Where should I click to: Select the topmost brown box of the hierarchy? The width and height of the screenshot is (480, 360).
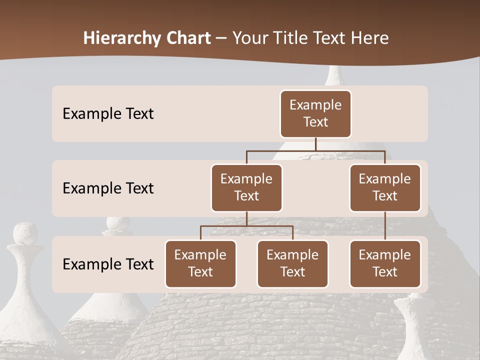click(x=315, y=113)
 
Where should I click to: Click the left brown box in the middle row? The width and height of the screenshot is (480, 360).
click(x=246, y=187)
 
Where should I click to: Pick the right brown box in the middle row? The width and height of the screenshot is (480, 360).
click(x=385, y=187)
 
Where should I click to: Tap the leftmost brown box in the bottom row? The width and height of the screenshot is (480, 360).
click(x=200, y=263)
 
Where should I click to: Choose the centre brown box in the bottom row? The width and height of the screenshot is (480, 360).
click(x=292, y=263)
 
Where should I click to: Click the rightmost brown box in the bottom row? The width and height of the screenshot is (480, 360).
click(x=385, y=263)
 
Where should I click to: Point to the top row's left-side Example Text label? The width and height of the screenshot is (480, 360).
click(x=108, y=114)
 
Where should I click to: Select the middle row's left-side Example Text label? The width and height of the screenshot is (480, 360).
click(x=108, y=188)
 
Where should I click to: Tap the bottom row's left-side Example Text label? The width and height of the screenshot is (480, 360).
click(x=108, y=264)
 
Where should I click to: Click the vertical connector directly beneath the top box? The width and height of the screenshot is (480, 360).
click(x=315, y=144)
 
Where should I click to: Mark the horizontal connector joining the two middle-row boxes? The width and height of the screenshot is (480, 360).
click(x=315, y=150)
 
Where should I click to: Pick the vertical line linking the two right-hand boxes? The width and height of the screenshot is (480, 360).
click(x=385, y=225)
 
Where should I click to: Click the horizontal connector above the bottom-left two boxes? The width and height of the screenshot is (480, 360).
click(x=246, y=226)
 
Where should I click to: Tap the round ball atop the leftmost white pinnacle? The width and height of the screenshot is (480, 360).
click(x=25, y=233)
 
